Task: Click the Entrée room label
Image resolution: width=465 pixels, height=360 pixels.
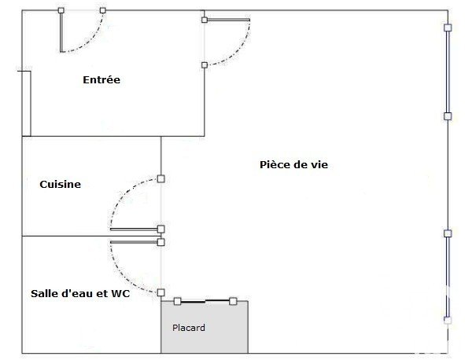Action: [x=101, y=79]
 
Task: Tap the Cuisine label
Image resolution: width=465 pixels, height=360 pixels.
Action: [x=61, y=184]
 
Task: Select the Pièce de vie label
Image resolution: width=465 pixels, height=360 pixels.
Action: [x=294, y=165]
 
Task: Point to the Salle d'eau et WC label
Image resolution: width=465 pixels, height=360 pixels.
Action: [x=80, y=294]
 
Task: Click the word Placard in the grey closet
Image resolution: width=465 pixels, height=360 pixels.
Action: [x=189, y=328]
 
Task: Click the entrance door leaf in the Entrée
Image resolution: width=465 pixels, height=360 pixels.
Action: [x=61, y=31]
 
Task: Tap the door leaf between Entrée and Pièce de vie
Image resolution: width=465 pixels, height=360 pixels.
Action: [x=227, y=20]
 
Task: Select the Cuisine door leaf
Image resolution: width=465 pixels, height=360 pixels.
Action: [x=134, y=230]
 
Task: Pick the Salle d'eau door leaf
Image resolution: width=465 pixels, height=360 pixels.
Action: [x=134, y=242]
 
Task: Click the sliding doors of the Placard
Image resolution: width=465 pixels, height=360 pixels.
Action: [x=205, y=301]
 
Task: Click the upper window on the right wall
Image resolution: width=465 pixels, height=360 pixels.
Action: [x=448, y=72]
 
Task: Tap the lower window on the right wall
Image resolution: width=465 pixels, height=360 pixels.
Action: [x=448, y=277]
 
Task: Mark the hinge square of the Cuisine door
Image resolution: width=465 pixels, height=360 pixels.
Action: [x=161, y=229]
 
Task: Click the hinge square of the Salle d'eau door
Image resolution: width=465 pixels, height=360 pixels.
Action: [x=161, y=242]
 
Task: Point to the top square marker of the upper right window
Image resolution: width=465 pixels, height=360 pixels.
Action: [x=448, y=28]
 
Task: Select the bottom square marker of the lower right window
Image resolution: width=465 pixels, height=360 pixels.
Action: [x=448, y=320]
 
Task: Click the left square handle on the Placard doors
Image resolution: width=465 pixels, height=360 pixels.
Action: [x=177, y=301]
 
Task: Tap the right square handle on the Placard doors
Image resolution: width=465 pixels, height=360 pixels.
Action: [x=233, y=301]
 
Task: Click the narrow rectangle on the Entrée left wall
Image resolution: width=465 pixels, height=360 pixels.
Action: [x=27, y=104]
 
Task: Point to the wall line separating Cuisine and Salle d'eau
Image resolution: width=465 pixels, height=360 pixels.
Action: [x=91, y=236]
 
